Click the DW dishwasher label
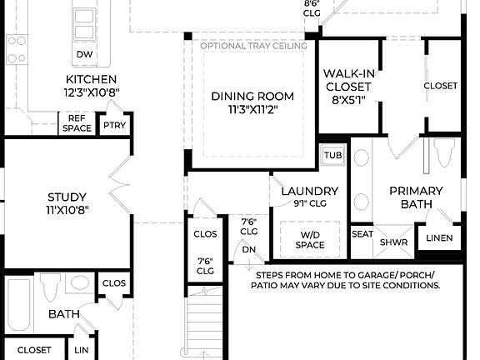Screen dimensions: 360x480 (x=84, y=54)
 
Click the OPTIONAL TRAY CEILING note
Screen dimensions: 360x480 (x=253, y=46)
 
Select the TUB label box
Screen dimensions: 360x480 (x=333, y=155)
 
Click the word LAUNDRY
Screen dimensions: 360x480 (x=309, y=191)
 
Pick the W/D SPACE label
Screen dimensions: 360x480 (x=310, y=240)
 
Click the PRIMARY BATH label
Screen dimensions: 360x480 (x=416, y=197)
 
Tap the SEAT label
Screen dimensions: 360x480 (x=362, y=234)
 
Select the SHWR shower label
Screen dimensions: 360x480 (x=392, y=242)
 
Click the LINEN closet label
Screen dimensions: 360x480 (x=438, y=238)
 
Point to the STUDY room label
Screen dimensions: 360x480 (x=67, y=197)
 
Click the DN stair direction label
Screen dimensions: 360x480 (x=248, y=248)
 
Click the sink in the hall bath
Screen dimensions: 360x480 (x=80, y=282)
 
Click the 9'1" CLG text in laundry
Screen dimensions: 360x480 (x=309, y=203)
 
